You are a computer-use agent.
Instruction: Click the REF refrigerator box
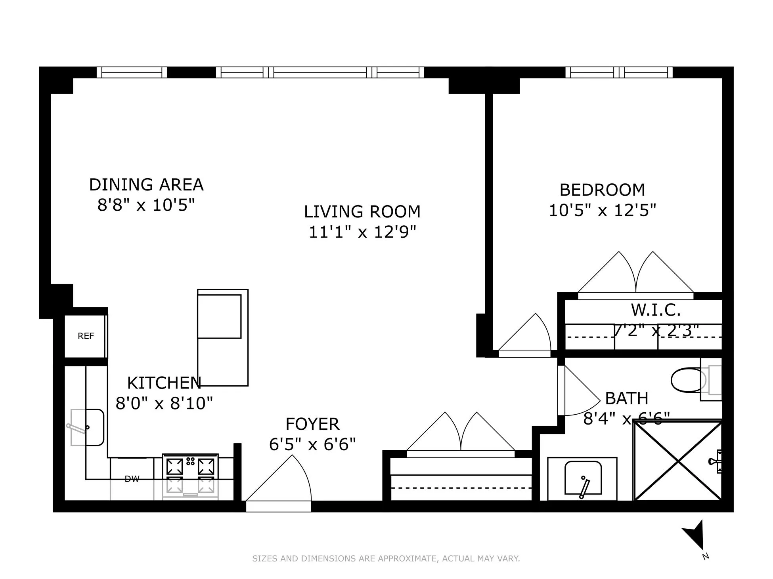[x=86, y=336]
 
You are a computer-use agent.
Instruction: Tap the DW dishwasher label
[x=132, y=479]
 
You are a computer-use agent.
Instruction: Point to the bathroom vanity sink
[x=583, y=478]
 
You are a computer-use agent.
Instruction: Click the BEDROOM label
[x=602, y=190]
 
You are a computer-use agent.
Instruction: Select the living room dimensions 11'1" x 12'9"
[x=362, y=232]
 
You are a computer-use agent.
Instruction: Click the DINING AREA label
[x=146, y=185]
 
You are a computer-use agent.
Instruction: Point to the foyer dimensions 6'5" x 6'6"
[x=312, y=444]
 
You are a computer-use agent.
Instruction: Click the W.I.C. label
[x=656, y=310]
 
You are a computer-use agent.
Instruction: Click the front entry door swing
[x=285, y=483]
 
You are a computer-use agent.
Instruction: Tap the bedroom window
[x=619, y=72]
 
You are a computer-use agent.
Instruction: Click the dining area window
[x=132, y=72]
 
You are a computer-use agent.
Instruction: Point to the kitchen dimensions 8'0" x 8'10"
[x=164, y=404]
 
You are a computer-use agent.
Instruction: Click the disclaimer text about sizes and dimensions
[x=386, y=558]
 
